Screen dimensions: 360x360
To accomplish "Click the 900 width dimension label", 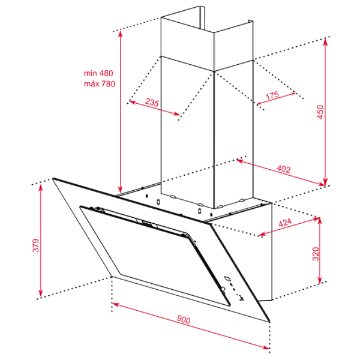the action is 184,319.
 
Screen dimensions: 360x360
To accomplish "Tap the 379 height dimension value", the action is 36,245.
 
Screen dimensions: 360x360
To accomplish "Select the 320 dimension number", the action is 316,254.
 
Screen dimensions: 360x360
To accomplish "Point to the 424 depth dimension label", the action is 285,222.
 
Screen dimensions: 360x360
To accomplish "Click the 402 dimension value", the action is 284,169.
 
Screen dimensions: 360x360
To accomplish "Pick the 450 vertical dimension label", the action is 320,112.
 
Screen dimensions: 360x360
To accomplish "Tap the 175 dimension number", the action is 272,95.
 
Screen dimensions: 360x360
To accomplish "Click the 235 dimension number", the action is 152,102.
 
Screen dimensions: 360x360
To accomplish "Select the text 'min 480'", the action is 98,73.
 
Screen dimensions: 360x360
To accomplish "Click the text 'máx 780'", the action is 100,84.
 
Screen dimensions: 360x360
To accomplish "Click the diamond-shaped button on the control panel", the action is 227,278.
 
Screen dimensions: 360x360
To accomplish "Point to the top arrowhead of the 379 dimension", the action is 41,187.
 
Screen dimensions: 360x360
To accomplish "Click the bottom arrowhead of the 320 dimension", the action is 320,280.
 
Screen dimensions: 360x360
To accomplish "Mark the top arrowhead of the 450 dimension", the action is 325,42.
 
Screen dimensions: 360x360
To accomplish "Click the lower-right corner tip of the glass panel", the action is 269,322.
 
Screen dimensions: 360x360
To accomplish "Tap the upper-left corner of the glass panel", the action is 53,178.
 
